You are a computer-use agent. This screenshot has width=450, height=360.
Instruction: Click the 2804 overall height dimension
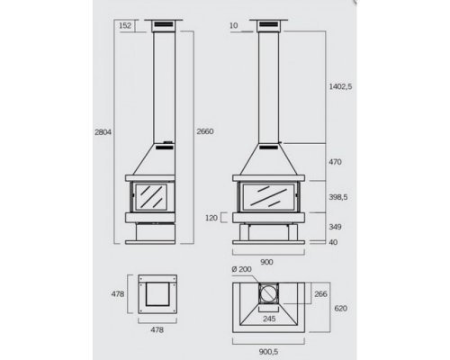click(103, 132)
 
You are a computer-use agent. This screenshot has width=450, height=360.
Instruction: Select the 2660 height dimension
click(205, 131)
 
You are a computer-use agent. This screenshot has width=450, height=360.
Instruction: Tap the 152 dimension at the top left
click(125, 25)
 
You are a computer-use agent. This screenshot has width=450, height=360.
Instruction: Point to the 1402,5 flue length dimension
click(340, 86)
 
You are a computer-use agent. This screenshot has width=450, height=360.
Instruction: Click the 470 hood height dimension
click(335, 162)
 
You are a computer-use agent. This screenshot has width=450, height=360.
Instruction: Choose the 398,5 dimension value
click(338, 197)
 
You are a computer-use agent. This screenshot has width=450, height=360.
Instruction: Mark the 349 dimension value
click(335, 227)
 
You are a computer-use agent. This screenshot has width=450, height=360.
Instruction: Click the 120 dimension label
click(211, 218)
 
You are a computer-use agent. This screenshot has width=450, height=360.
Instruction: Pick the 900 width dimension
click(266, 262)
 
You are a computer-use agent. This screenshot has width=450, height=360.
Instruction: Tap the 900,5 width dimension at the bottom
click(268, 352)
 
